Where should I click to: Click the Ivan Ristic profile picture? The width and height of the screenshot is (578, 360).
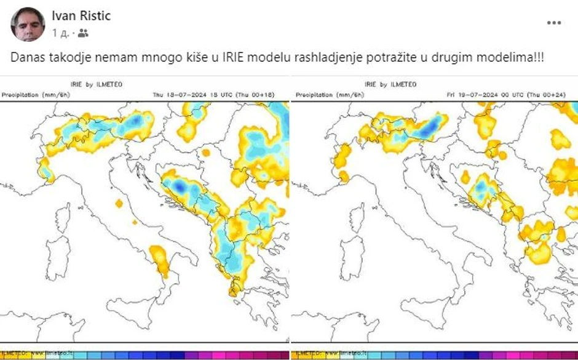pyautogui.click(x=28, y=25)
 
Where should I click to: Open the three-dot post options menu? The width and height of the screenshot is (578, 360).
pyautogui.click(x=553, y=23)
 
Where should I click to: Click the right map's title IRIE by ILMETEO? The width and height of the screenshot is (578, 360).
pyautogui.click(x=390, y=84)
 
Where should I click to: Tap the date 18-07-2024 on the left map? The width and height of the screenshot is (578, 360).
pyautogui.click(x=191, y=95)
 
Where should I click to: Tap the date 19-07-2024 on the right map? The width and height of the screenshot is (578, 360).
pyautogui.click(x=484, y=95)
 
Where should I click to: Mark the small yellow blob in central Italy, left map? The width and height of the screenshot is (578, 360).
pyautogui.click(x=119, y=203)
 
